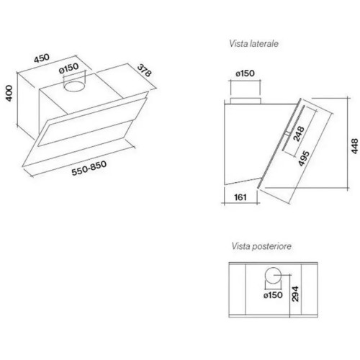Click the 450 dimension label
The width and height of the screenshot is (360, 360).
(x=42, y=58)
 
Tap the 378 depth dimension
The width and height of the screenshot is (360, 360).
(x=145, y=70)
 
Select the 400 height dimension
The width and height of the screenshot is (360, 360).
(x=9, y=94)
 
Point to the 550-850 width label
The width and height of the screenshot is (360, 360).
(x=89, y=168)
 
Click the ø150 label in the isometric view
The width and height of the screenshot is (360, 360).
(x=69, y=68)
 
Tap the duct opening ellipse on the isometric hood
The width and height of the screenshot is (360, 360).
(x=75, y=86)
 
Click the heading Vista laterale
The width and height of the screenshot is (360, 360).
(x=253, y=44)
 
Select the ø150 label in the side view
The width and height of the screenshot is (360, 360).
(x=245, y=73)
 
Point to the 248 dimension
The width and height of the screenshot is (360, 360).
(x=299, y=134)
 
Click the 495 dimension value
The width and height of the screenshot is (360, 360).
(x=304, y=158)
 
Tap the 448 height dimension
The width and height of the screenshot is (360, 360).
(x=354, y=146)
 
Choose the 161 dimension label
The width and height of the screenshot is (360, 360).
(x=240, y=197)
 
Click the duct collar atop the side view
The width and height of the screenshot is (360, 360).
(x=246, y=101)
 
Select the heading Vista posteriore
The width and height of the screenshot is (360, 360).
(x=261, y=246)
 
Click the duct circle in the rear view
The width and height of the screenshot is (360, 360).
(x=273, y=275)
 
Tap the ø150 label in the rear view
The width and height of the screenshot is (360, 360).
(x=273, y=295)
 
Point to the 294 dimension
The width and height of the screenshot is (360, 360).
(x=295, y=294)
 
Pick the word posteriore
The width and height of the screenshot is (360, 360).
(x=271, y=246)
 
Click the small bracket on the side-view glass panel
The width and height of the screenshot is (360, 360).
(x=288, y=133)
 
